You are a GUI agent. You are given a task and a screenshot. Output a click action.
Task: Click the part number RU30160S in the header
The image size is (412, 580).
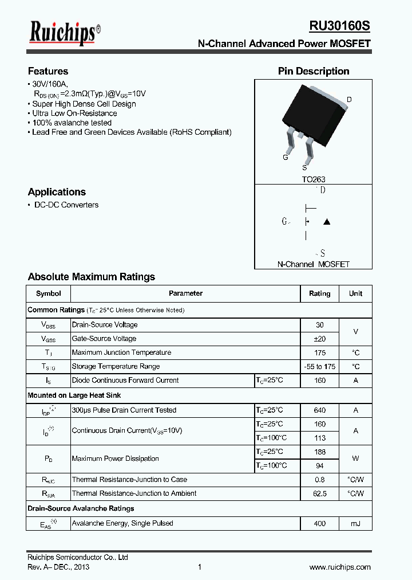point(340,26)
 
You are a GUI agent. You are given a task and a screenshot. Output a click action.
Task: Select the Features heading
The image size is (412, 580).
point(48,71)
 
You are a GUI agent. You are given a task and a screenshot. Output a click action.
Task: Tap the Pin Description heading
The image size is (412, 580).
point(314,71)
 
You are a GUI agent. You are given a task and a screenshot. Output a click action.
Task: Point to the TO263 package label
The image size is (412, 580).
point(314,179)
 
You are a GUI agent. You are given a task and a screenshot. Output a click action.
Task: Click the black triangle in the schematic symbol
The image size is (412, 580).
point(327,222)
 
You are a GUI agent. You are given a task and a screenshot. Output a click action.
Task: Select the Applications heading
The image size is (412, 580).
point(57,192)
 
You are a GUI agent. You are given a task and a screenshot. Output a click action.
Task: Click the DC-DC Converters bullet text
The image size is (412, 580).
point(66,205)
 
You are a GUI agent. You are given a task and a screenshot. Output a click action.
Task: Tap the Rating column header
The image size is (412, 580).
point(320,293)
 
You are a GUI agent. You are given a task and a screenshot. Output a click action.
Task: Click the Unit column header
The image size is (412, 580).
point(355,293)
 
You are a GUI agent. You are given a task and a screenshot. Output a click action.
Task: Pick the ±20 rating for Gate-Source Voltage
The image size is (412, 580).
point(320,339)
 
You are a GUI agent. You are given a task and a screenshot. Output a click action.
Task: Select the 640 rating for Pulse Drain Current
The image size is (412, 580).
point(320,410)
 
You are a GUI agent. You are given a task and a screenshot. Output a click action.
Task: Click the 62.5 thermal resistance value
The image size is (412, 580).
point(320,493)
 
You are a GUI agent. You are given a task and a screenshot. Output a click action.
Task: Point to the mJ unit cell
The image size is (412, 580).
point(355,523)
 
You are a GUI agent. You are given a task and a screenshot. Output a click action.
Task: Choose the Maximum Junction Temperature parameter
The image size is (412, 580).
point(121,352)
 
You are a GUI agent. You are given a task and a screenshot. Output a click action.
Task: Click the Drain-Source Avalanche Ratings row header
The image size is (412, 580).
point(81,508)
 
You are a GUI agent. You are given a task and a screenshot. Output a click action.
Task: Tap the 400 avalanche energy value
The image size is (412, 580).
point(320,523)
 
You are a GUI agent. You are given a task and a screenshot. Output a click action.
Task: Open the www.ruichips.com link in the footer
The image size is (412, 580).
point(340,567)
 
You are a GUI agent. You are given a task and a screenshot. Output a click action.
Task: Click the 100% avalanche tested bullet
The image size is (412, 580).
point(72,123)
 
